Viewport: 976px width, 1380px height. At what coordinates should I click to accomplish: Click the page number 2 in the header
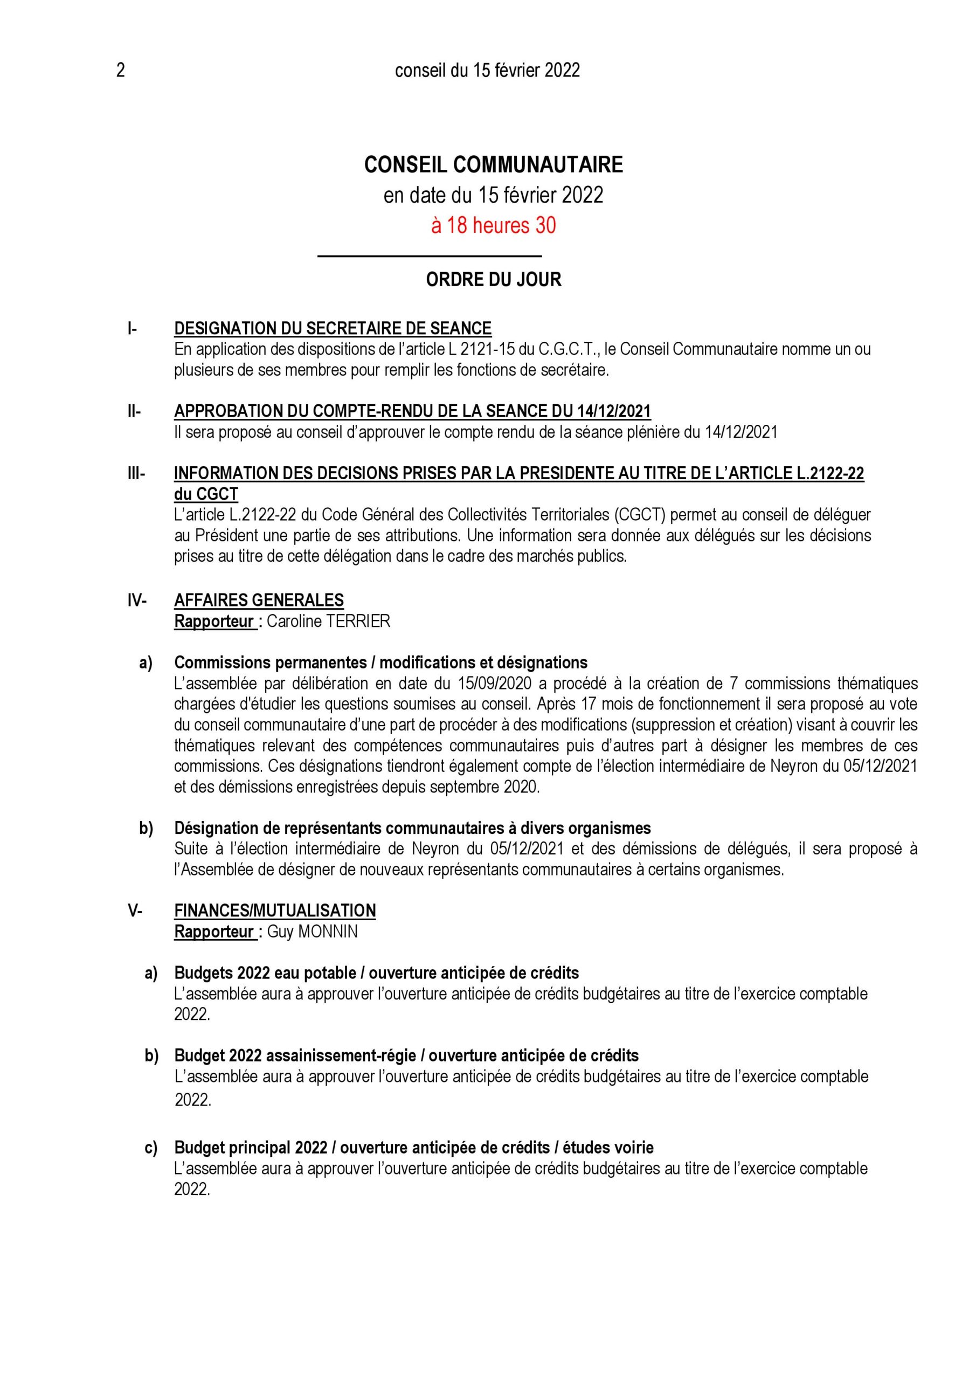pos(120,71)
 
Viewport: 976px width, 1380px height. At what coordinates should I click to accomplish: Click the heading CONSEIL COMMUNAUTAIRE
pos(494,165)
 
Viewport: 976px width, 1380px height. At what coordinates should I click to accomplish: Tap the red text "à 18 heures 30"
pos(494,226)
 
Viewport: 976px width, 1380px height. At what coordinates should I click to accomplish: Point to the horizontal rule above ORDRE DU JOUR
pos(429,257)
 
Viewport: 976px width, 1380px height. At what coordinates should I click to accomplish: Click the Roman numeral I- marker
pos(132,329)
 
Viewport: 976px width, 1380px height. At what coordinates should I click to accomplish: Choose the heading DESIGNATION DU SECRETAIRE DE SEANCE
pos(333,329)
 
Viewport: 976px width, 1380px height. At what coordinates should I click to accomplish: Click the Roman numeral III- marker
pos(136,474)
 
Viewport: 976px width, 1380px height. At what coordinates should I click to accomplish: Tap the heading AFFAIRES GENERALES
pos(259,600)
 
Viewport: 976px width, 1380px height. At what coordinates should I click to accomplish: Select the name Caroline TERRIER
pos(328,621)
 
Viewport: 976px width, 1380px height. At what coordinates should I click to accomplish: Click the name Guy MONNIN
pos(312,931)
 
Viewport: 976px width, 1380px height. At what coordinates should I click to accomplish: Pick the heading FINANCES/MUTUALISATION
pos(275,910)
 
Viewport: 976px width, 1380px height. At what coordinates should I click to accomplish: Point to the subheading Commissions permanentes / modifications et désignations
pos(380,663)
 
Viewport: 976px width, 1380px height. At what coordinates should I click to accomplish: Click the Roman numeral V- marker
pos(135,910)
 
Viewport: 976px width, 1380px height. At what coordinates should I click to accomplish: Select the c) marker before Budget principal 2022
pos(151,1148)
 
